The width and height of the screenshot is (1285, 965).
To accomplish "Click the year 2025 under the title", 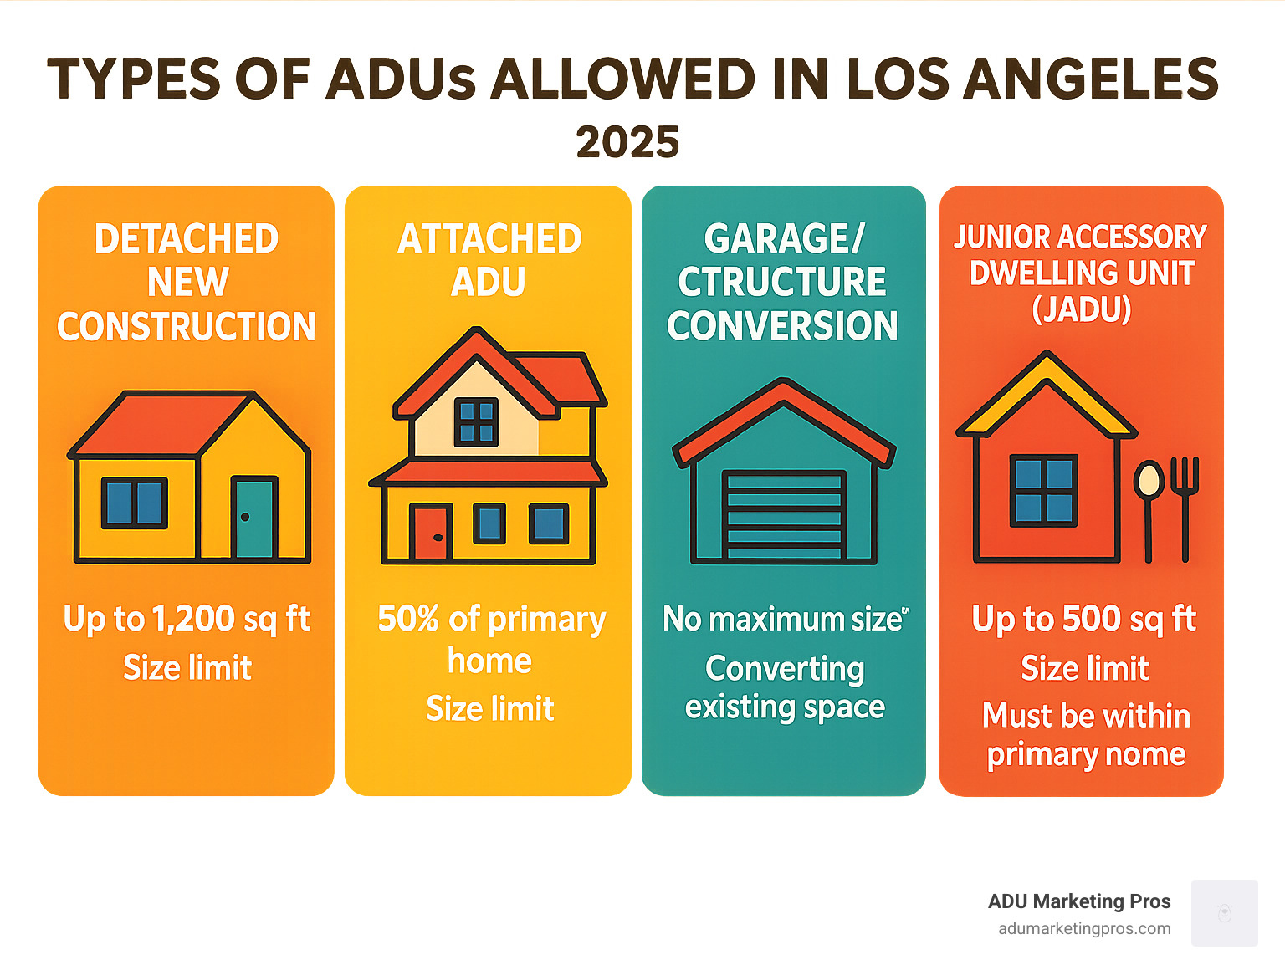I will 627,142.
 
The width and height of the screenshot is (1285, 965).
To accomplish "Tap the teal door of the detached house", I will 254,518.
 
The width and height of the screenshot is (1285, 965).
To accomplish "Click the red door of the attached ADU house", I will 431,533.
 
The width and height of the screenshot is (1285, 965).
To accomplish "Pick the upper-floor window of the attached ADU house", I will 476,421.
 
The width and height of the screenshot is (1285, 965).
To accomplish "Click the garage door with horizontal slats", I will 784,514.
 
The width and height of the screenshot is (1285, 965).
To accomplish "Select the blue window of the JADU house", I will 1043,490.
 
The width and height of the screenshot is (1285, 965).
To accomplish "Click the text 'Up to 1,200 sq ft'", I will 187,620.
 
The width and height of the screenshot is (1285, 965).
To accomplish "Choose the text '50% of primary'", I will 491,620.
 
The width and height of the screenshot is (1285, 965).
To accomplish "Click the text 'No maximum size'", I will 782,620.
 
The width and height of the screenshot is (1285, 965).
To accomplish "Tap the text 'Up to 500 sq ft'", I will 1083,620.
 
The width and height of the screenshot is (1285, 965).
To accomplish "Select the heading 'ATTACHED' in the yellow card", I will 489,239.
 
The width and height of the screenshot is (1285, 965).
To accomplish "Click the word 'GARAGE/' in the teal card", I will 784,239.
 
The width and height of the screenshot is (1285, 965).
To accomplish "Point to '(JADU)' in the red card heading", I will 1081,309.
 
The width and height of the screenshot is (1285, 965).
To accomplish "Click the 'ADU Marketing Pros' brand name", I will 1079,901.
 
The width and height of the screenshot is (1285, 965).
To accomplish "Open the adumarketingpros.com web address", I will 1084,929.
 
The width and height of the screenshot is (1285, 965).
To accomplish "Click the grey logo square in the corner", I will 1224,912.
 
